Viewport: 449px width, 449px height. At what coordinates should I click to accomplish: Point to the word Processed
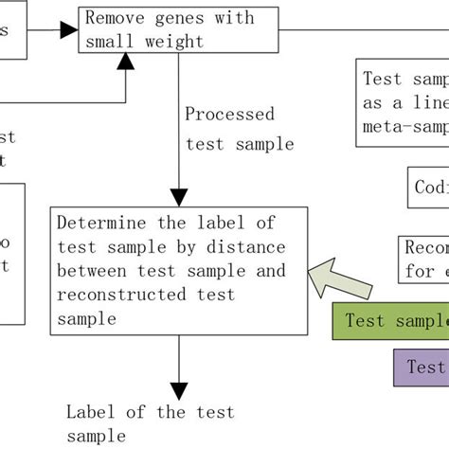point(229,115)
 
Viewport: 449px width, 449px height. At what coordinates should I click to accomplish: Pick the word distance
point(247,248)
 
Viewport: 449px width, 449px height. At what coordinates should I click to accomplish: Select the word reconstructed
point(113,296)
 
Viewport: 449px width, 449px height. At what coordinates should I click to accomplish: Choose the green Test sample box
point(390,320)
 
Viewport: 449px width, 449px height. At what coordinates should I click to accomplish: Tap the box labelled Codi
point(428,187)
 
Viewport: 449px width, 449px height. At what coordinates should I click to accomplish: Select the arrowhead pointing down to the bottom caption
point(177,388)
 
